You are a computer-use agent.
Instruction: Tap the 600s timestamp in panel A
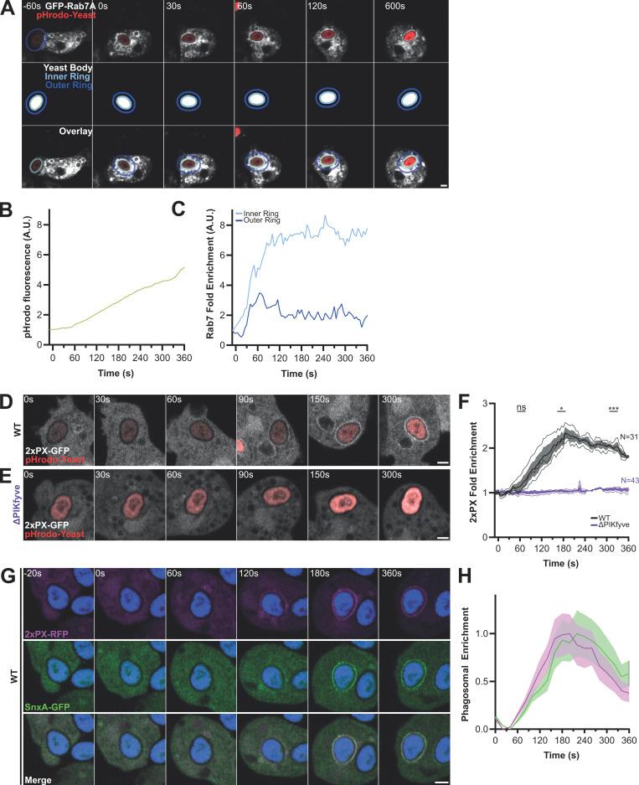point(395,7)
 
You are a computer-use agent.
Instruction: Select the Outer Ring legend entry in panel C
point(265,221)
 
